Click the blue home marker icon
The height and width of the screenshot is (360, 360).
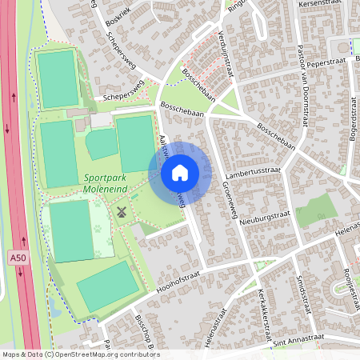coord(180,173)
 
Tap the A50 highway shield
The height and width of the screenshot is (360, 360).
coord(18,258)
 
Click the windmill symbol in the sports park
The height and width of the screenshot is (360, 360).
coord(122,213)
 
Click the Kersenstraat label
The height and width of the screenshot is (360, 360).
coord(319,4)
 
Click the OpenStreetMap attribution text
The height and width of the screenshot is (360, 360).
coord(80,354)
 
